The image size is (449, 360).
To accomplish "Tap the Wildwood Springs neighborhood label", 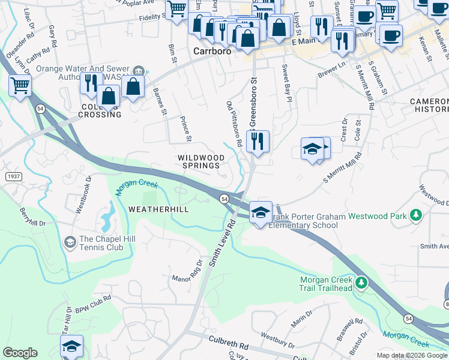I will point(201,161).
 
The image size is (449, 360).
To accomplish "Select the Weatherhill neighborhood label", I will point(158,209).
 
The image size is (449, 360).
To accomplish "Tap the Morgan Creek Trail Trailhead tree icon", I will point(361,282).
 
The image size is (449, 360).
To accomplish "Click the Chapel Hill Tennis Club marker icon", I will point(70,242).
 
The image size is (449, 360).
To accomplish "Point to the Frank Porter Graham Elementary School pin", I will point(261,212).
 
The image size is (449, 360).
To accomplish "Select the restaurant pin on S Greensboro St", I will point(258,141).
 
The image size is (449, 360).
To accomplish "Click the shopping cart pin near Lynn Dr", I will point(20,86).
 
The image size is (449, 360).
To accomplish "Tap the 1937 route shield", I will point(14,176).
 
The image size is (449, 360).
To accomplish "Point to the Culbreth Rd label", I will point(228,343).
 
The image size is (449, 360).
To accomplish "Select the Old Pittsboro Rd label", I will point(234,124).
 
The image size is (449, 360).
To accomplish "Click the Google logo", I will point(20,353).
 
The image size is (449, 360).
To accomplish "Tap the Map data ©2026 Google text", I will point(412,355).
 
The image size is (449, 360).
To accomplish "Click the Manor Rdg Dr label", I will point(188,272).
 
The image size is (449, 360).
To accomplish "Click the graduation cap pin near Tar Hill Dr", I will point(71,346).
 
